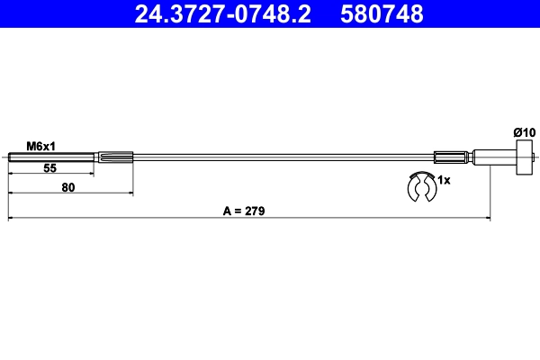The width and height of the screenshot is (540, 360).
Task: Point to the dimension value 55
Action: point(50,168)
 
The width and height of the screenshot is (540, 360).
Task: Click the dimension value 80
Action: point(68,187)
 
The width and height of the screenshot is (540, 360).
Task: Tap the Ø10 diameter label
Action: point(524,132)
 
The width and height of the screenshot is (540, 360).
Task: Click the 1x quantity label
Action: point(444,180)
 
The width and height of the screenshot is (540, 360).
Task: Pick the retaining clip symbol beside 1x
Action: point(419,186)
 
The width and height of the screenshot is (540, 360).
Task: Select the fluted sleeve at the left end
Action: point(114,159)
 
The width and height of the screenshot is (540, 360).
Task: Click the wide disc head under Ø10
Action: point(523,159)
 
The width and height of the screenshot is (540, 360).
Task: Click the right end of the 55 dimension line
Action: point(94,175)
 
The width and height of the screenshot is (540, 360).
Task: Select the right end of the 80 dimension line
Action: point(133,193)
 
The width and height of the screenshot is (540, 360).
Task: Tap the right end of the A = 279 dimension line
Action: point(490,217)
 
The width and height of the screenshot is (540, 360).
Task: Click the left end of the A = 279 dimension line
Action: point(8,217)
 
